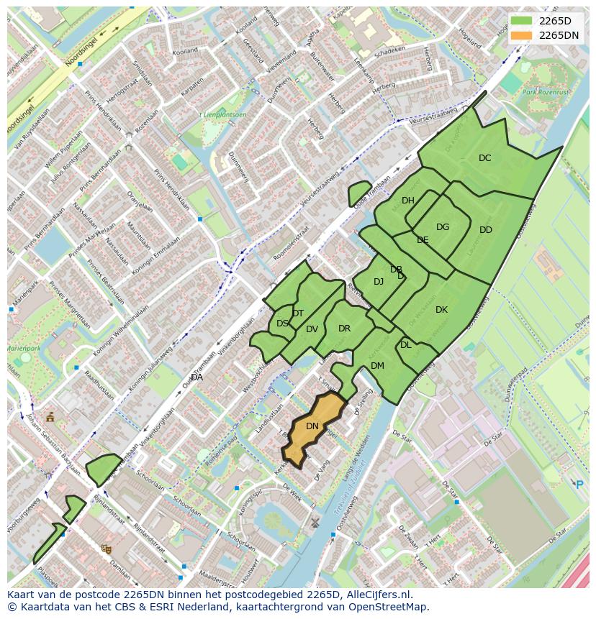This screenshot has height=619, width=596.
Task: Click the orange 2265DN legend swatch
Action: tap(522, 35)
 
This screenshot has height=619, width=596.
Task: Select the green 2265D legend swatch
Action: tap(522, 21)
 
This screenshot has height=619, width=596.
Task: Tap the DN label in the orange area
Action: tap(312, 426)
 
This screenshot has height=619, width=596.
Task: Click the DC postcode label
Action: tap(484, 158)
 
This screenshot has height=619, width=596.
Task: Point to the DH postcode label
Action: tap(407, 201)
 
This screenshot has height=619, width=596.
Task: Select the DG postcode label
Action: tap(442, 227)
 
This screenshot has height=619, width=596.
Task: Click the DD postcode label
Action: tap(485, 230)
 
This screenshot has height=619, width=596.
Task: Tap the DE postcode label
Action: tap(423, 240)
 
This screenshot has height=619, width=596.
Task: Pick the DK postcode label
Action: tap(441, 310)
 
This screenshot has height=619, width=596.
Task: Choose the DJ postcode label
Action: tap(379, 282)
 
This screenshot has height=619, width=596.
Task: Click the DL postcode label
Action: tap(405, 345)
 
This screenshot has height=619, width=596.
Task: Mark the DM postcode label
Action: tap(377, 366)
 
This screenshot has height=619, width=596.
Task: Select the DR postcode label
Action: tap(344, 329)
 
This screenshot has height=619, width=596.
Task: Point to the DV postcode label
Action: tap(312, 329)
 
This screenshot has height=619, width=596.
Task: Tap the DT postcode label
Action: tap(298, 313)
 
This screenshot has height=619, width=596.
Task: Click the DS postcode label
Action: tap(281, 324)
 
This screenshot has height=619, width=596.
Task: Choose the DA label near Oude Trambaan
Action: tap(197, 377)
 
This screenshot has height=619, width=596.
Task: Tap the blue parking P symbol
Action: tap(579, 485)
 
